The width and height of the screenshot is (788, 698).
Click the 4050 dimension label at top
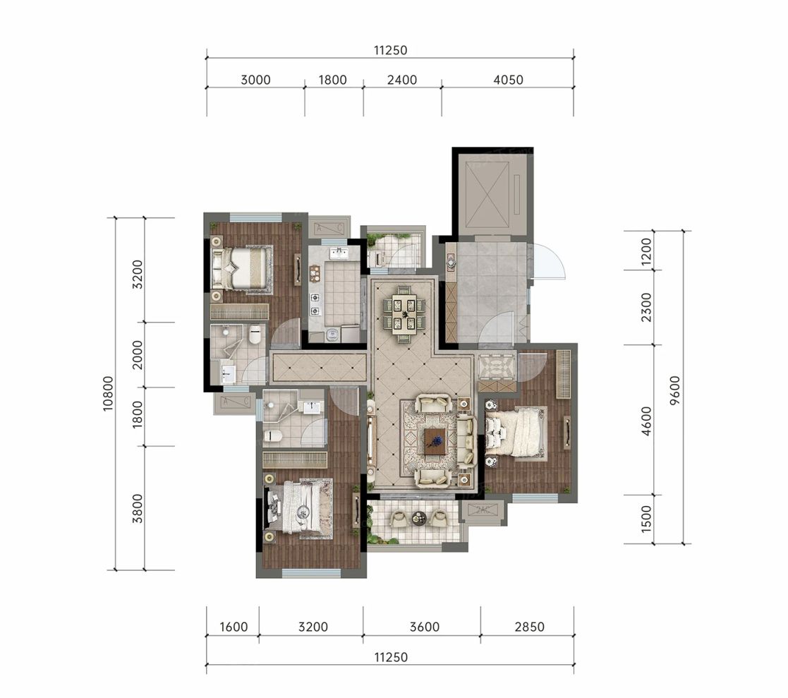[508, 80]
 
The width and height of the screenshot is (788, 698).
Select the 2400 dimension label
[403, 80]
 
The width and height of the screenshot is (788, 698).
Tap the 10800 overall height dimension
[109, 394]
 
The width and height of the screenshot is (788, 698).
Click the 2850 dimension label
[530, 627]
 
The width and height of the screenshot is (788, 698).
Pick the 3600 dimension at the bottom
[425, 627]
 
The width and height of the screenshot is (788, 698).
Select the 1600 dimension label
[234, 627]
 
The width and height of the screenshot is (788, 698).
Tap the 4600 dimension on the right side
[647, 421]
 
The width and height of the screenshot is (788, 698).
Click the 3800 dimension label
[138, 508]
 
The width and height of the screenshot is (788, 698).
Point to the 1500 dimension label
[647, 519]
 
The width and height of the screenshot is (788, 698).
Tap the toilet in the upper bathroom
[255, 334]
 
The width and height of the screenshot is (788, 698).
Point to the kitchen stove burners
[315, 304]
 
